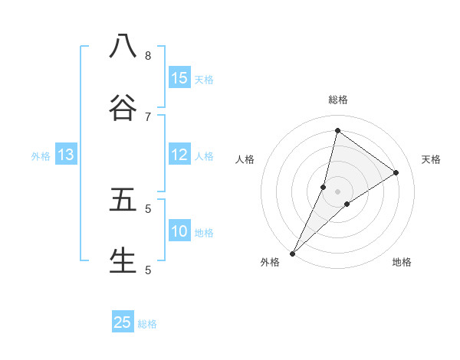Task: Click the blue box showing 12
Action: pyautogui.click(x=179, y=155)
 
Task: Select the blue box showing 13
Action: pyautogui.click(x=66, y=155)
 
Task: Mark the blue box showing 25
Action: pyautogui.click(x=123, y=322)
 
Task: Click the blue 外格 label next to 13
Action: pyautogui.click(x=41, y=155)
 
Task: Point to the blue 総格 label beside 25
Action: pyautogui.click(x=147, y=324)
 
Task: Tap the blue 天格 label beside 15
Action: pyautogui.click(x=203, y=79)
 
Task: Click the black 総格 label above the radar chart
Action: pyautogui.click(x=337, y=100)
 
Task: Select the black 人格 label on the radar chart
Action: pyautogui.click(x=245, y=159)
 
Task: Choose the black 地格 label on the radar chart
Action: pyautogui.click(x=402, y=262)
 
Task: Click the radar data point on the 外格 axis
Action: pyautogui.click(x=292, y=254)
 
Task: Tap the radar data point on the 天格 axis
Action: pyautogui.click(x=396, y=173)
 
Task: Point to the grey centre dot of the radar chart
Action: pyautogui.click(x=337, y=191)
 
